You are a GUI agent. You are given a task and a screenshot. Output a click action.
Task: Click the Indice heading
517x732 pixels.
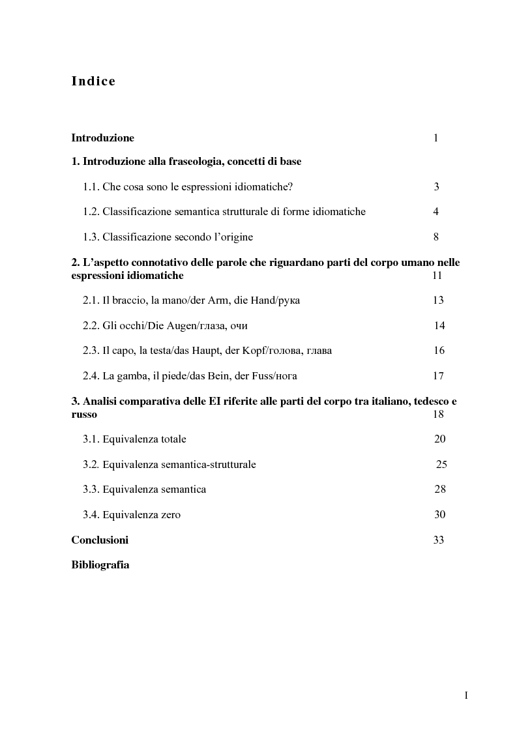click(93, 81)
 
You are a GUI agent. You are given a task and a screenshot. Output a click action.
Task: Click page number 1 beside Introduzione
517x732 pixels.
click(436, 138)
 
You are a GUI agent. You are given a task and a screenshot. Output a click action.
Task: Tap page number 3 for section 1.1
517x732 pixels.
click(436, 187)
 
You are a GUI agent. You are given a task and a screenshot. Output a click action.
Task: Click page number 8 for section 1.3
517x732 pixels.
click(436, 237)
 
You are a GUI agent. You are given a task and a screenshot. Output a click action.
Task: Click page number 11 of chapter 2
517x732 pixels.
click(437, 276)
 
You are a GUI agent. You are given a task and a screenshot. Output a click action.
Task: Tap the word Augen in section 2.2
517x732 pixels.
click(168, 326)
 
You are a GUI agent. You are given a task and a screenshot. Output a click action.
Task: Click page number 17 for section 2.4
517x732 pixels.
click(438, 376)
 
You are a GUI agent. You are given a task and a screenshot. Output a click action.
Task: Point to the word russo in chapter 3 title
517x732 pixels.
click(84, 415)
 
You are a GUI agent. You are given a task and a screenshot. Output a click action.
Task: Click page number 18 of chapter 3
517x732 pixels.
click(438, 415)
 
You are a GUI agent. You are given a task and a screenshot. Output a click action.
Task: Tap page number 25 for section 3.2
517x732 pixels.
click(441, 465)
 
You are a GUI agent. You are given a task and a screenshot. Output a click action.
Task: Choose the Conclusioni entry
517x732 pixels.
click(100, 540)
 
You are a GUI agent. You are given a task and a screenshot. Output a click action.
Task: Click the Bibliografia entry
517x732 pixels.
click(100, 565)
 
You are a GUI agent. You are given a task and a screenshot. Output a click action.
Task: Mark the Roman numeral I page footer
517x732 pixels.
click(466, 695)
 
